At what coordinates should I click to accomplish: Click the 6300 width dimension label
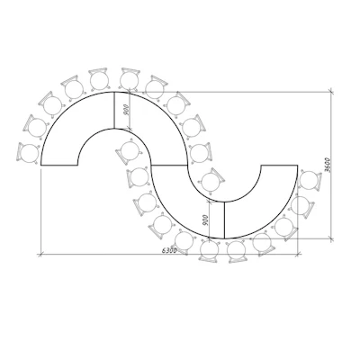[x=169, y=250]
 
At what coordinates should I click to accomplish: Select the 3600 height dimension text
[x=328, y=165]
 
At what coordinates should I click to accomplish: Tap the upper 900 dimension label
[x=126, y=110]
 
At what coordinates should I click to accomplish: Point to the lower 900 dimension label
[x=204, y=220]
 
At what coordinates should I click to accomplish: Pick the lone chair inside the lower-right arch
[x=212, y=181]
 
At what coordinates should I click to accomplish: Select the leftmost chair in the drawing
[x=29, y=153]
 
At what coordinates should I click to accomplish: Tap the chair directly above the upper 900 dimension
[x=130, y=78]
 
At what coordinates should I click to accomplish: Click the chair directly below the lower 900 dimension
[x=209, y=250]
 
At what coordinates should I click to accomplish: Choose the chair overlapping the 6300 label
[x=184, y=240]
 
